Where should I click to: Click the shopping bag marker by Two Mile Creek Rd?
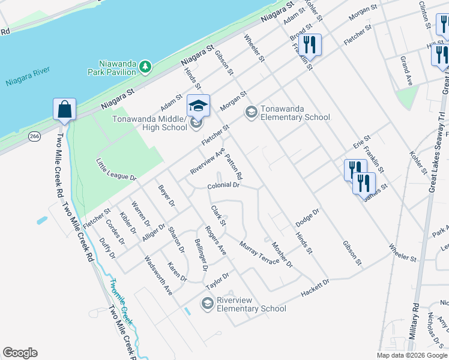click(64, 110)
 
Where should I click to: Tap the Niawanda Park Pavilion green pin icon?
click(145, 68)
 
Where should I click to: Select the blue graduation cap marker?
click(198, 106)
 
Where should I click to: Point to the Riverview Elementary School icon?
click(207, 304)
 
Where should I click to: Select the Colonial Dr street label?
click(223, 186)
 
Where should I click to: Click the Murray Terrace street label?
click(259, 253)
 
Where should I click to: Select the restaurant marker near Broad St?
click(310, 44)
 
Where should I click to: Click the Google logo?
click(20, 353)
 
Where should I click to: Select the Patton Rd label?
click(234, 167)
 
